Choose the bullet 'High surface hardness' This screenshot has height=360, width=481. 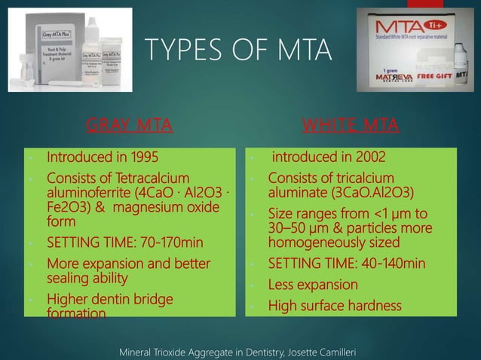click(336, 306)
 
